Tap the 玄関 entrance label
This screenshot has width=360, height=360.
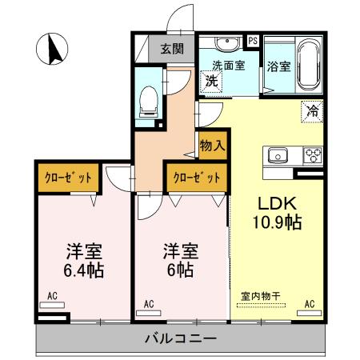(171, 48)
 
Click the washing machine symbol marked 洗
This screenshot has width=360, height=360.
(212, 80)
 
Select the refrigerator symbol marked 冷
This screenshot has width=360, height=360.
(312, 112)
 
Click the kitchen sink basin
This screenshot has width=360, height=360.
(278, 154)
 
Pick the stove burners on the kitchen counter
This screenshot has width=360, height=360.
(310, 154)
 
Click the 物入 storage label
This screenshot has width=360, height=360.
(212, 146)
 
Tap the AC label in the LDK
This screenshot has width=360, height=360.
(310, 303)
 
